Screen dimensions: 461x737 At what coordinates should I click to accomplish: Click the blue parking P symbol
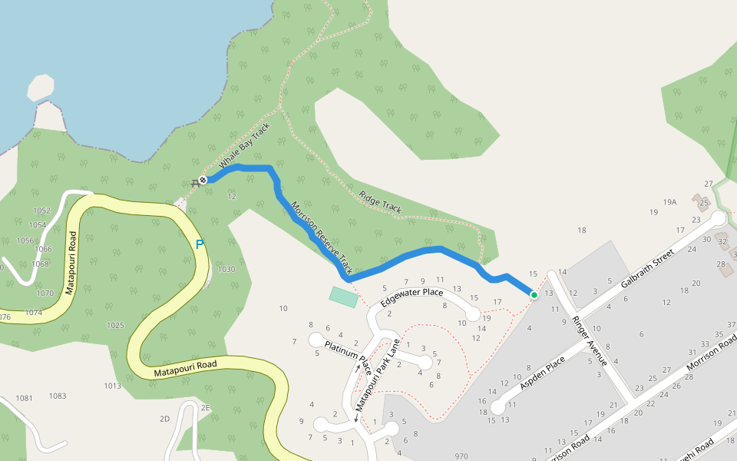[200, 245]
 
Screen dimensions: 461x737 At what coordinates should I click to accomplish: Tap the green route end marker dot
[534, 294]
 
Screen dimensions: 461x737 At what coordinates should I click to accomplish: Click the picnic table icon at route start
[193, 182]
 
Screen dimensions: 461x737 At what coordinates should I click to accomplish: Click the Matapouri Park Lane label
[376, 374]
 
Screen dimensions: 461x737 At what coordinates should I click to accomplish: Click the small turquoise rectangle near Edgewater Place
[344, 297]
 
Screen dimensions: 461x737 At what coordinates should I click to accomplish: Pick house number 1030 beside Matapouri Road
[226, 269]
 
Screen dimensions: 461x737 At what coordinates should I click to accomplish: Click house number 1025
[115, 325]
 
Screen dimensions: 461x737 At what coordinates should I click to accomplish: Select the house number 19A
[670, 202]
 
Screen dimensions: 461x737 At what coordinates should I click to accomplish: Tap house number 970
[461, 456]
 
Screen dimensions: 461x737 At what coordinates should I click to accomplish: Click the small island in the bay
[41, 88]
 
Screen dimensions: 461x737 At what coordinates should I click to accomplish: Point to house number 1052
[41, 211]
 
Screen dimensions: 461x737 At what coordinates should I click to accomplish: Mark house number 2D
[164, 419]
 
